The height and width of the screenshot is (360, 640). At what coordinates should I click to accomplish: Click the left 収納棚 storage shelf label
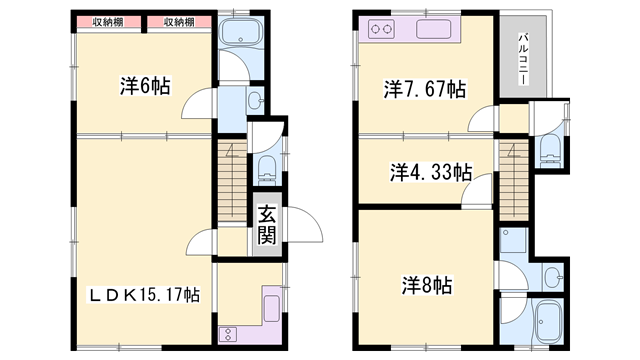(x=110, y=21)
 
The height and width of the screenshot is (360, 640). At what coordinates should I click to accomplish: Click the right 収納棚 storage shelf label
(x=179, y=21)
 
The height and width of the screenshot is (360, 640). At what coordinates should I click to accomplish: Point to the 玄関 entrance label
(x=267, y=224)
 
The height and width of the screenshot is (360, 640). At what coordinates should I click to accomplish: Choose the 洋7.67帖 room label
(x=423, y=90)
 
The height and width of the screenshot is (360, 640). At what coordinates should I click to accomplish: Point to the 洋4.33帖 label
(x=430, y=171)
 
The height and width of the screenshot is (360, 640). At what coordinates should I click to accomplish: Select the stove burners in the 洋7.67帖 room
(x=381, y=30)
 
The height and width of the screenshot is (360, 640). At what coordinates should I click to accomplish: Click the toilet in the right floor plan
(x=549, y=148)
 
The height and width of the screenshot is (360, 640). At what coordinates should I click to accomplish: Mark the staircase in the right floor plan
(x=513, y=175)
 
